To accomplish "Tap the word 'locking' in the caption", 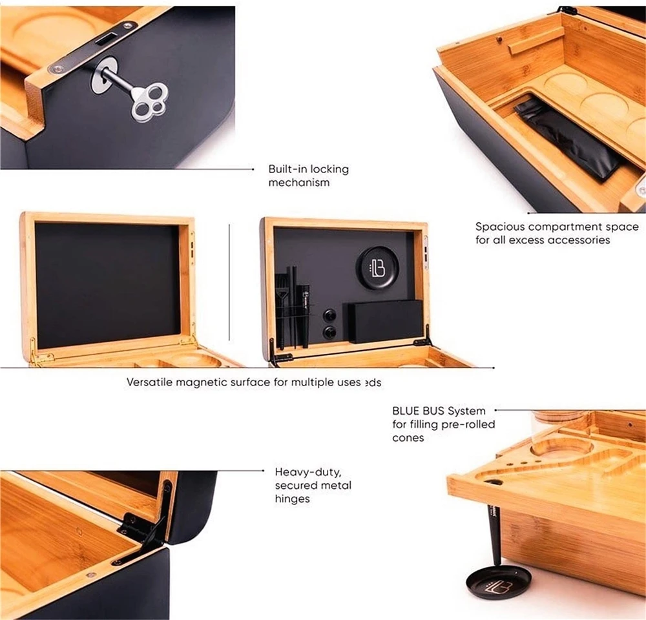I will tap(329, 169).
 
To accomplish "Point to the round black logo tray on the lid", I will tap(377, 267).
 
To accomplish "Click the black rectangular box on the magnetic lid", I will tap(386, 321).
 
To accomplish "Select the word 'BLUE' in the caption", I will tap(406, 411).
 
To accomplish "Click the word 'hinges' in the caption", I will tap(293, 499).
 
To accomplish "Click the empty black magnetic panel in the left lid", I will tap(107, 285).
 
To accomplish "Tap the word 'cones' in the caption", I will tap(409, 437).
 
